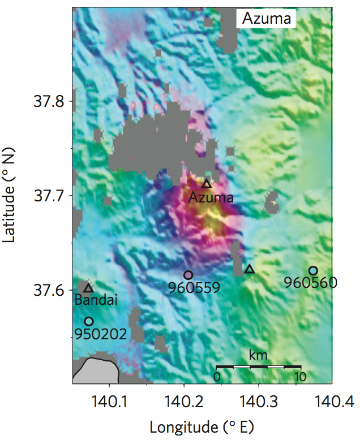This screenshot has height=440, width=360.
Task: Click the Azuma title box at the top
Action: [266, 19]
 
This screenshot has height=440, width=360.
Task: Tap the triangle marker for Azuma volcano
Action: [207, 184]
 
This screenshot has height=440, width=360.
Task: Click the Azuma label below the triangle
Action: [211, 197]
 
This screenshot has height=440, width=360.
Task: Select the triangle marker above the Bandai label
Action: [88, 288]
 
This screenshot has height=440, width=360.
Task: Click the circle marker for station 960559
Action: [188, 275]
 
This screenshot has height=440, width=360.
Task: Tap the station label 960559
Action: [194, 288]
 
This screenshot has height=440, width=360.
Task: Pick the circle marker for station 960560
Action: [313, 270]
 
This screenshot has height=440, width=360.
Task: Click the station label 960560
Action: [311, 282]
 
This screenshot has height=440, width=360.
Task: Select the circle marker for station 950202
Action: [88, 321]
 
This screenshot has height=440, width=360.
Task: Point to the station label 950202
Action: [100, 334]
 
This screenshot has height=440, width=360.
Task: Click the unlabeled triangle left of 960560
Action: [250, 269]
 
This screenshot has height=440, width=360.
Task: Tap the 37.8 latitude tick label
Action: [48, 102]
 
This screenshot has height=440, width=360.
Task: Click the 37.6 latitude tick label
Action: [48, 290]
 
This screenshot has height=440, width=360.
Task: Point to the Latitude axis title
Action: [10, 195]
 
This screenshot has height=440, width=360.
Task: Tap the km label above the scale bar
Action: [258, 355]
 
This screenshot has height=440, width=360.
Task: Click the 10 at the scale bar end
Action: [300, 377]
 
